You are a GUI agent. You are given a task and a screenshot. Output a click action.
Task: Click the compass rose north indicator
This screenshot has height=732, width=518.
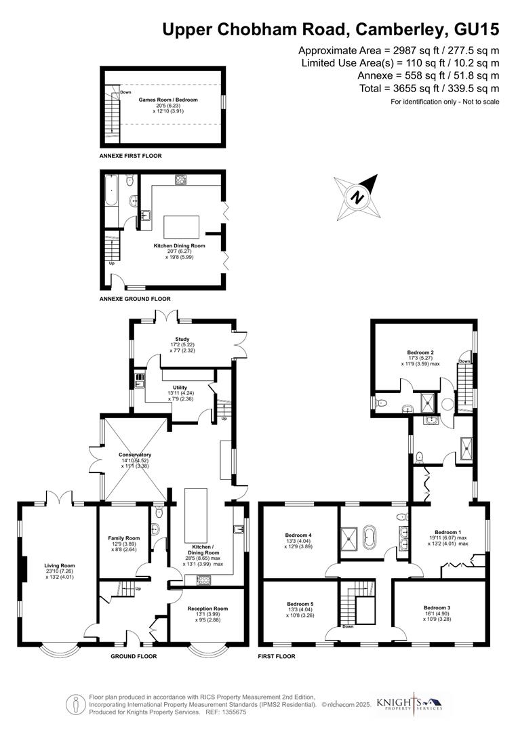point(357,197)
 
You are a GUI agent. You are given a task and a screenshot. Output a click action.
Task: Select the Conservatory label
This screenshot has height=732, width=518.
point(134,455)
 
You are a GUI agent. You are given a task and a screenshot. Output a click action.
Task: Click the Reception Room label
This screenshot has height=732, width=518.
point(207,609)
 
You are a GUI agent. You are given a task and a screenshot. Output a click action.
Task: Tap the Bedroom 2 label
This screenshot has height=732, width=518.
point(420,352)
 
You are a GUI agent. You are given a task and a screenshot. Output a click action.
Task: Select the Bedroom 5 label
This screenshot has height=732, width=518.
point(300,603)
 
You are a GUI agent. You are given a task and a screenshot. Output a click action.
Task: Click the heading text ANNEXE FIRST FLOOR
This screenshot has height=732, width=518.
point(131,156)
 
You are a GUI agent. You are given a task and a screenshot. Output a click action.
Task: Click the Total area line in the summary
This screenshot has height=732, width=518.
point(429,88)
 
